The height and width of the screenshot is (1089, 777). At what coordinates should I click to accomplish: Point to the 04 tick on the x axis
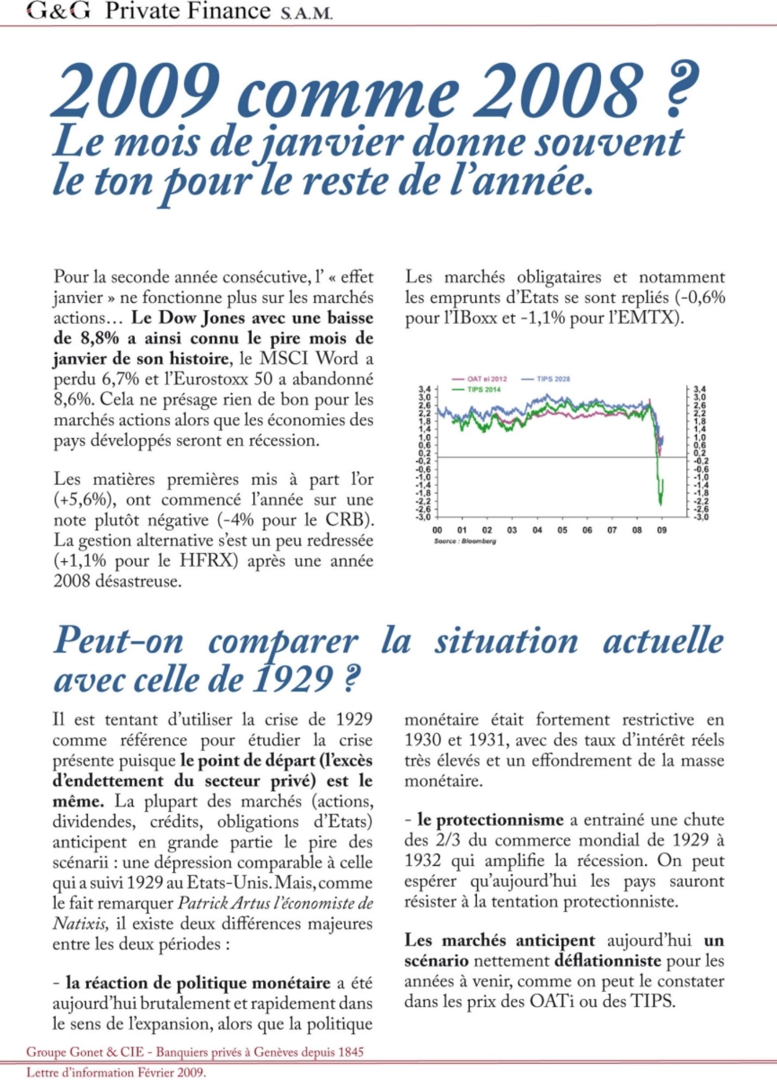(537, 530)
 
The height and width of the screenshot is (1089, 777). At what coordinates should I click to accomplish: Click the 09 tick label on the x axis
(662, 530)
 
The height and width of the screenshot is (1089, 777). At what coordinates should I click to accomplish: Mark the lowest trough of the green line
(661, 504)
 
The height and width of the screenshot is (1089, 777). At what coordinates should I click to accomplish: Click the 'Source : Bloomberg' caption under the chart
(465, 541)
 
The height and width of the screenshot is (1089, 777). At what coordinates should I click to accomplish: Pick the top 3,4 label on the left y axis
(424, 389)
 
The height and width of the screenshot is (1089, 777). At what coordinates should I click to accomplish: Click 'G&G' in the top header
(58, 11)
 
